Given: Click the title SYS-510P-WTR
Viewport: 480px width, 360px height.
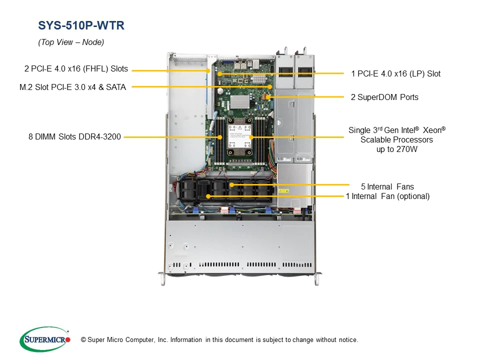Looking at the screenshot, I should (x=81, y=25).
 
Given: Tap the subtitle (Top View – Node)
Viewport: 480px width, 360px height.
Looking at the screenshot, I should (x=71, y=42).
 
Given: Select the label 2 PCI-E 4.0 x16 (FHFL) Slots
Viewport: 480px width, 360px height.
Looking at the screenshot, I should (x=76, y=69).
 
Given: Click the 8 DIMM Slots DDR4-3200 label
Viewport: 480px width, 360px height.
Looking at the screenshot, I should (x=75, y=136).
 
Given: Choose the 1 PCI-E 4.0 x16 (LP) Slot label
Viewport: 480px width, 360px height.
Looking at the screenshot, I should (x=395, y=74).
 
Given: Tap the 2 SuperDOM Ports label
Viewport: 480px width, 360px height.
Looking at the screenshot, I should (x=384, y=97).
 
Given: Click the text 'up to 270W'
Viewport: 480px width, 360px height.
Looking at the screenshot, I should (x=396, y=149).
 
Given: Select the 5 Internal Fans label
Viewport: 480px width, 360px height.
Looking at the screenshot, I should (x=387, y=187).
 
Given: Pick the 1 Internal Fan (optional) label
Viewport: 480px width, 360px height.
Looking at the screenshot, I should (x=387, y=196).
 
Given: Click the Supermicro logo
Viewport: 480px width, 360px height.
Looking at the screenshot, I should (x=44, y=339).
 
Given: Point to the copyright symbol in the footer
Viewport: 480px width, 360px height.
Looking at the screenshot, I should (x=83, y=340).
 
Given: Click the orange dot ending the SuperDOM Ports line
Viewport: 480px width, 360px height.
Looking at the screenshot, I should (x=268, y=97).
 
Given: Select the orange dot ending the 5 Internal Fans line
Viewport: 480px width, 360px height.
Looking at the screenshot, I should (x=231, y=184).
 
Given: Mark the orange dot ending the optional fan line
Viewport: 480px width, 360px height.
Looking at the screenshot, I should (x=207, y=196).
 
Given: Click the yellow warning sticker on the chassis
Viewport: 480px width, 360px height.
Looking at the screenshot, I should (x=283, y=191).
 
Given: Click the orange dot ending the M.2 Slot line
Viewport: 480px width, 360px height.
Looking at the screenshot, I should (x=270, y=87).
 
